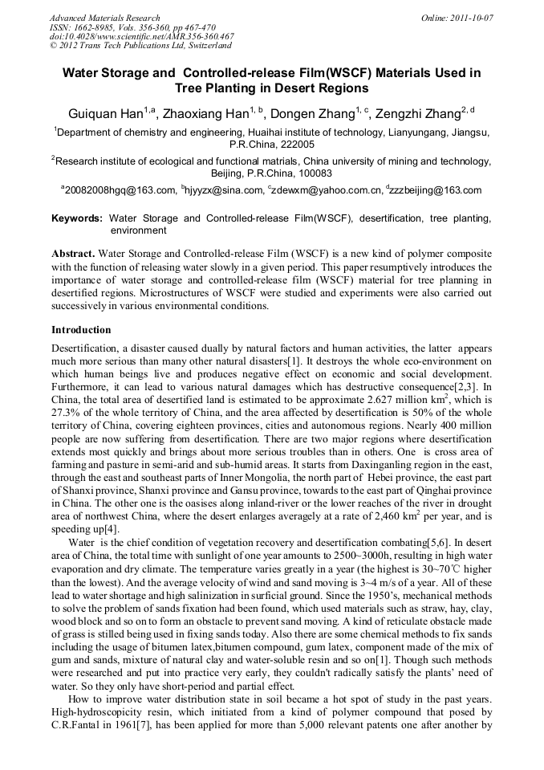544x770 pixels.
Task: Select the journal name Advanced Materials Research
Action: [105, 18]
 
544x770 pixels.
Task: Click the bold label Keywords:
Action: [77, 218]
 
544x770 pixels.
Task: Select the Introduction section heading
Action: [81, 330]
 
